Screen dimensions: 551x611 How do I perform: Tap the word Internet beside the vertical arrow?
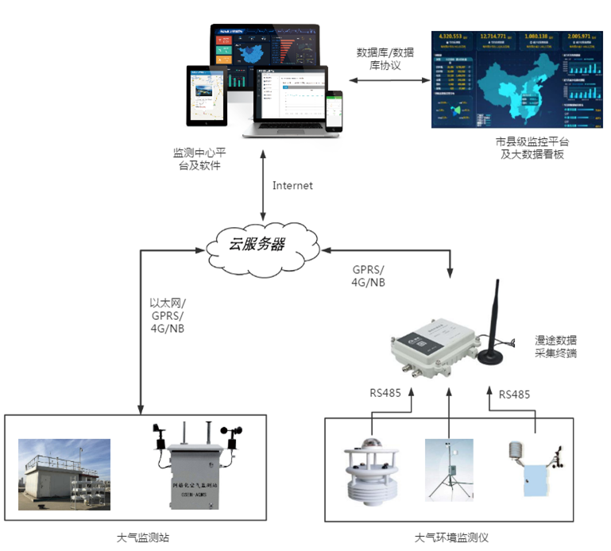pyautogui.click(x=292, y=186)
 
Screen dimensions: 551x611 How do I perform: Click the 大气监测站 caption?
pyautogui.click(x=142, y=538)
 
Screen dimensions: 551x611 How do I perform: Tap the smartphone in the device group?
pyautogui.click(x=335, y=110)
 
